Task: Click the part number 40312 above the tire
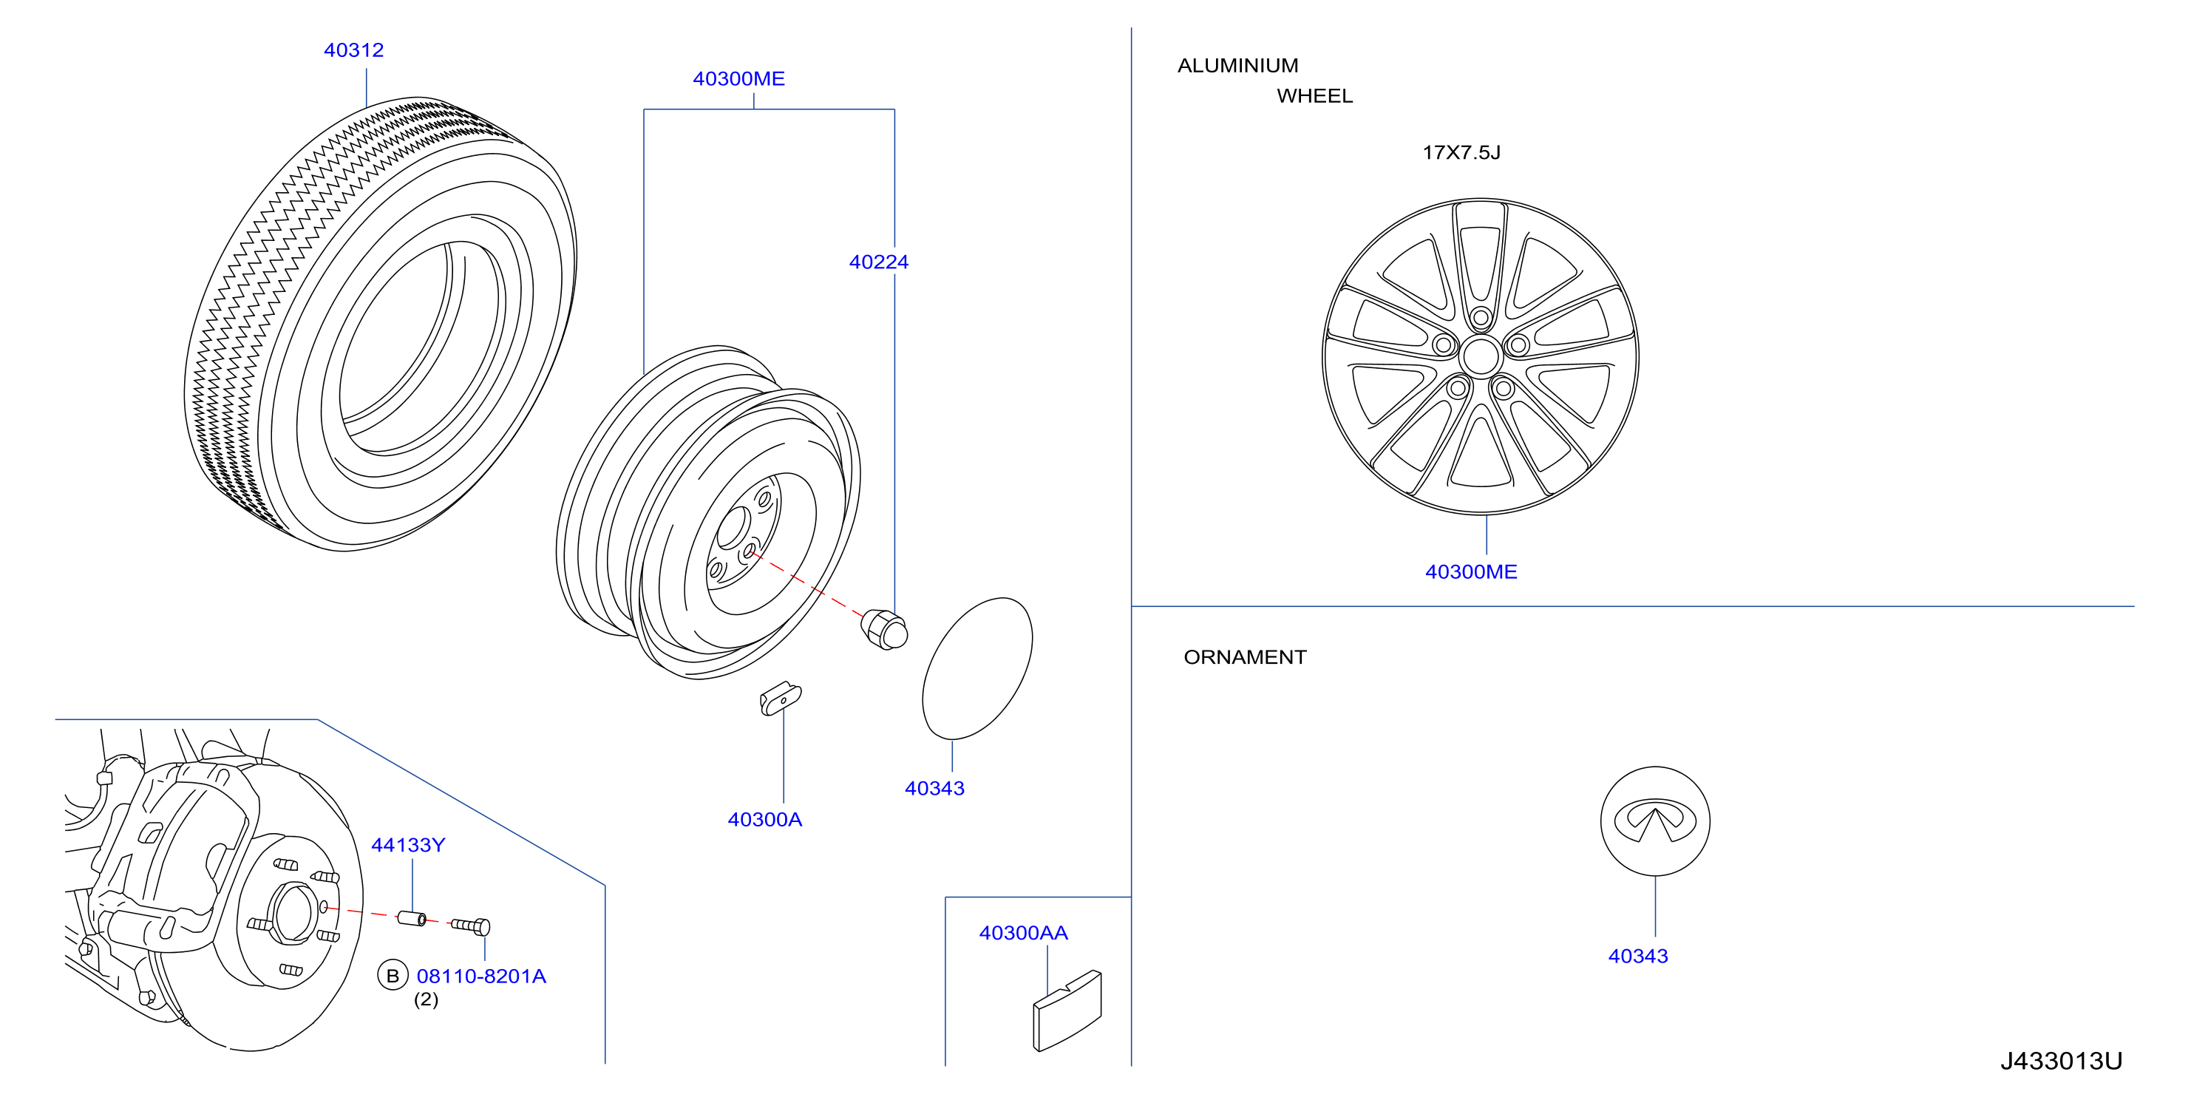[x=353, y=50]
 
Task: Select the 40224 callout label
[x=879, y=262]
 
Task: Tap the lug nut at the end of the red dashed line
[x=883, y=629]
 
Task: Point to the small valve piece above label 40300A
[x=780, y=698]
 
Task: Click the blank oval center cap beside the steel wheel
[x=977, y=668]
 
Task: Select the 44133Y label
[x=408, y=845]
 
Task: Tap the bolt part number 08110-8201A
[x=481, y=977]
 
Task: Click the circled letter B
[x=393, y=977]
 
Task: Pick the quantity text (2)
[x=426, y=999]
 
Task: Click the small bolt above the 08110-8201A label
[x=471, y=926]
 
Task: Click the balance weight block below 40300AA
[x=1067, y=1011]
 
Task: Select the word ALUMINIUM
[x=1237, y=66]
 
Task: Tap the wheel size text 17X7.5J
[x=1461, y=152]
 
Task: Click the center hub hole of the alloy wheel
[x=1481, y=356]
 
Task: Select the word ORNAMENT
[x=1245, y=657]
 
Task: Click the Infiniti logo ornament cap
[x=1655, y=821]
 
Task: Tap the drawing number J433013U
[x=2062, y=1061]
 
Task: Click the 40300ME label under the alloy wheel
[x=1471, y=572]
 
